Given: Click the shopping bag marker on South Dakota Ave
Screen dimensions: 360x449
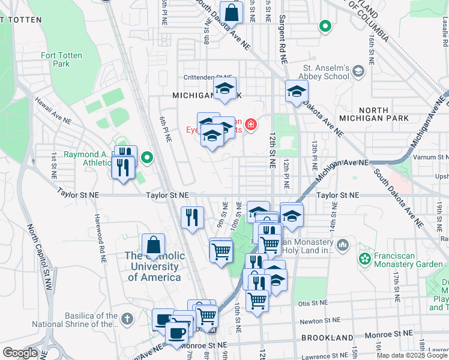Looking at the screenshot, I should tap(231, 12).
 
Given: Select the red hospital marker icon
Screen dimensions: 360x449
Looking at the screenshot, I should tap(250, 125).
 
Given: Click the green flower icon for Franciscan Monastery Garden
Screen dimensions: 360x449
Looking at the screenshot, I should tap(364, 259).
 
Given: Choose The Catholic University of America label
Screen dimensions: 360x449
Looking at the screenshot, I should tap(154, 266).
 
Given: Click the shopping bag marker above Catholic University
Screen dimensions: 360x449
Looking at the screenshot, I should tap(154, 245).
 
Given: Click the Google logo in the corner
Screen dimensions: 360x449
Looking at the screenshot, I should tap(20, 353).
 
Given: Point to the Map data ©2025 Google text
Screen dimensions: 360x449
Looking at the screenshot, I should tap(412, 355).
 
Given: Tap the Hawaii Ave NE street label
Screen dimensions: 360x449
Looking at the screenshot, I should tap(52, 111).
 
